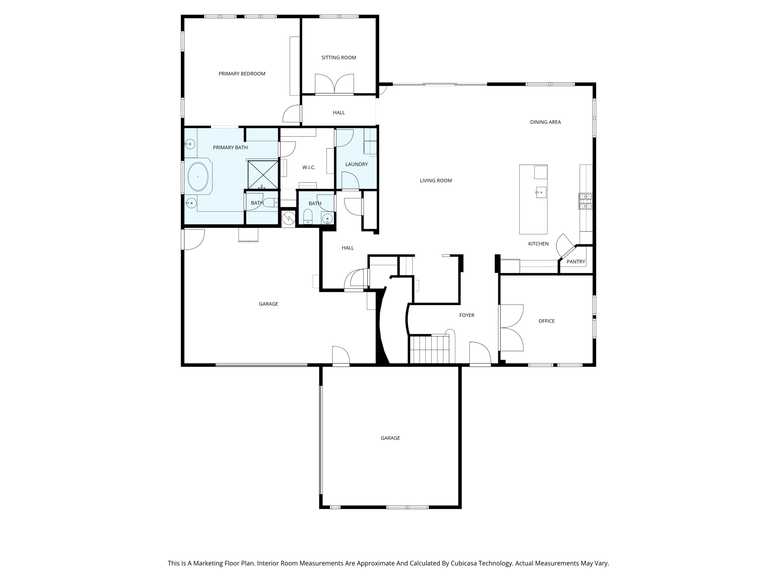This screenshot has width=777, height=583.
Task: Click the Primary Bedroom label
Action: coord(242,74)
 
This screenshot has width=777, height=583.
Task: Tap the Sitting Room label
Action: coord(338,58)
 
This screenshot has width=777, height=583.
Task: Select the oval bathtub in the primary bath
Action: coord(198,177)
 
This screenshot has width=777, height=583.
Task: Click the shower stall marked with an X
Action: coord(263,174)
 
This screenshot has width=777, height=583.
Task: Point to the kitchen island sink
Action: coord(541,192)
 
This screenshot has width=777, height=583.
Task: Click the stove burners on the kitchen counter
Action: coord(585,201)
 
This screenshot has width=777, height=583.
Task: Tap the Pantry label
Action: coord(576,262)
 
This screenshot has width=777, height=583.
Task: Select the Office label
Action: coord(546,321)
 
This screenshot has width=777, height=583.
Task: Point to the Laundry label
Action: coord(356,164)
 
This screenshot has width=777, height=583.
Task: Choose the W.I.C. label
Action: coord(308,167)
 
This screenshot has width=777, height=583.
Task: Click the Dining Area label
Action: coord(545,122)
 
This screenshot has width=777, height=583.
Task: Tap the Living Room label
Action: coord(436,181)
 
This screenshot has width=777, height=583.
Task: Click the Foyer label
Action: coord(466,315)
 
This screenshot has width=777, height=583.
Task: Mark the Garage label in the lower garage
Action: coord(390,438)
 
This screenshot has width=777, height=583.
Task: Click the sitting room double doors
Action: coord(334,84)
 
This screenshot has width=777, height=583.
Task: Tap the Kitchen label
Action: coord(538,244)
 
